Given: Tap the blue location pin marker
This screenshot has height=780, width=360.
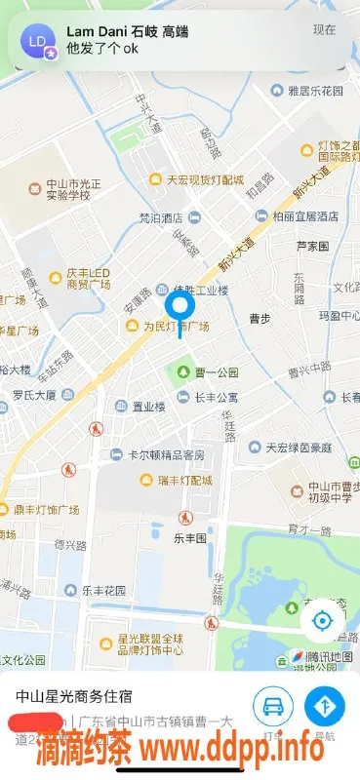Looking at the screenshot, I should pos(179,309).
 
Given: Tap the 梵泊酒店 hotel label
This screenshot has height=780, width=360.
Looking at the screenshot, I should pos(161,216).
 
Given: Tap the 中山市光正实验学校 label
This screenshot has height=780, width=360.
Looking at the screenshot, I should pos(74,189).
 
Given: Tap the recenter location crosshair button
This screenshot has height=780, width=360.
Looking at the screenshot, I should pos(322,621).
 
